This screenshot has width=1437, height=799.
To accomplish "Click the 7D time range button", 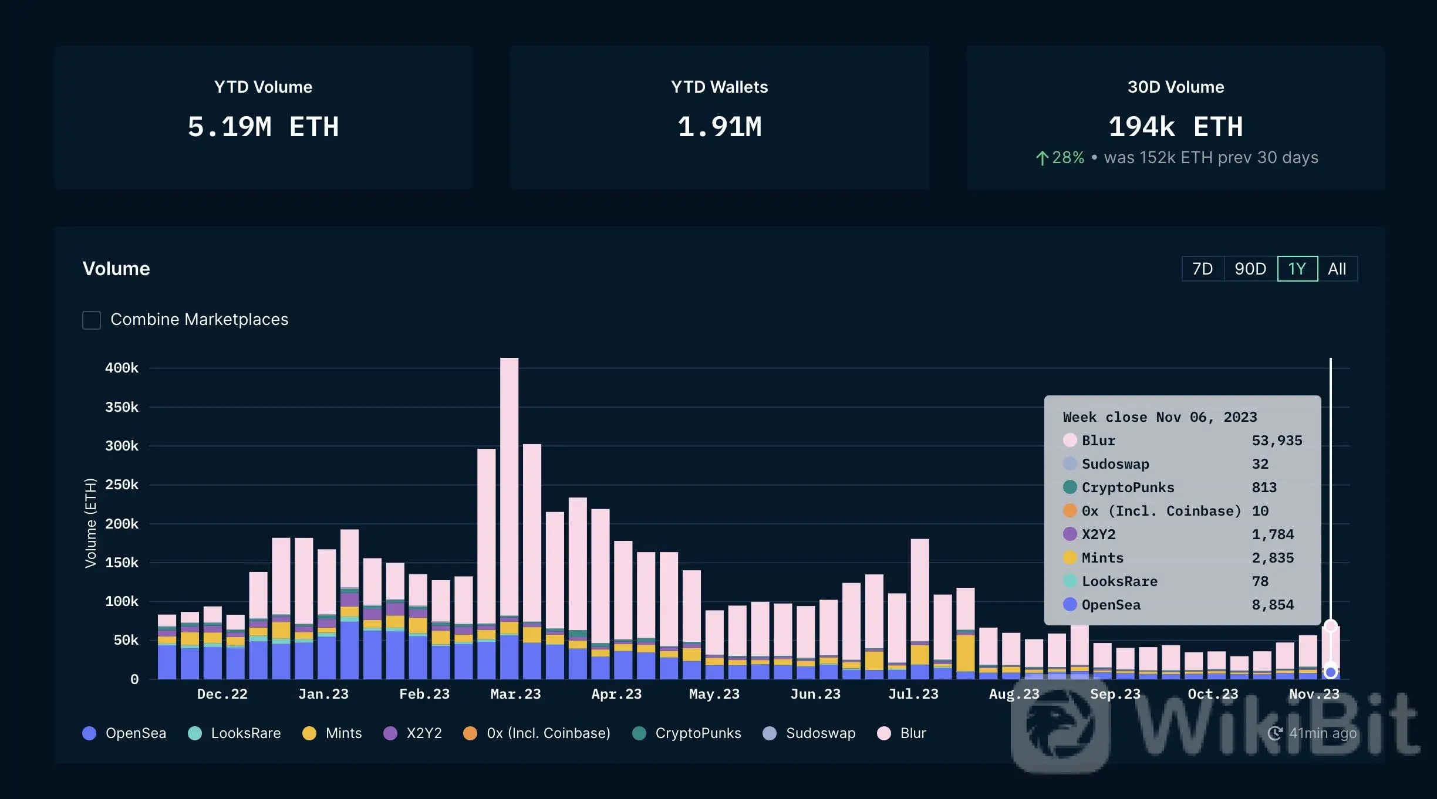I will click(1202, 269).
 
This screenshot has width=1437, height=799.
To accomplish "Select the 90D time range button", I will click(1250, 269).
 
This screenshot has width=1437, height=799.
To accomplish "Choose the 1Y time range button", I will click(1297, 269).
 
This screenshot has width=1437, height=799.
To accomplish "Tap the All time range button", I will click(1337, 269).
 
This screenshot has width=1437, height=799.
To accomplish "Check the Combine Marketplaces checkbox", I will click(92, 320).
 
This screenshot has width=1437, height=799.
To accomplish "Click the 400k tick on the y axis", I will click(122, 368).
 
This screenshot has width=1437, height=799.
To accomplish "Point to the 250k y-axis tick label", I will click(122, 485).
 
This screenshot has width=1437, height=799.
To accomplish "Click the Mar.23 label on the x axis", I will click(515, 694).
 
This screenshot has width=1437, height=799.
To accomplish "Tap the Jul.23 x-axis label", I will click(913, 694).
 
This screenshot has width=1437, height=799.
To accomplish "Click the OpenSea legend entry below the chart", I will click(124, 733).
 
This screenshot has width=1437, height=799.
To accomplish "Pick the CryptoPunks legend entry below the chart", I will click(687, 733).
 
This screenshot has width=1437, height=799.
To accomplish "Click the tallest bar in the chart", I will click(509, 499).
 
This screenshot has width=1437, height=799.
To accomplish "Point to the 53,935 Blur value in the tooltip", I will click(1277, 441).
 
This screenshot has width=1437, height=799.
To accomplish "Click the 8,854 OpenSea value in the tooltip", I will click(1273, 605).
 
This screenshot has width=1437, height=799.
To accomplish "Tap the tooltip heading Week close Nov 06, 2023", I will click(1159, 417).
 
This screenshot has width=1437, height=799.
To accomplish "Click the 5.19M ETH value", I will click(263, 127).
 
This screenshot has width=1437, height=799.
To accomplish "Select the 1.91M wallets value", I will click(719, 127).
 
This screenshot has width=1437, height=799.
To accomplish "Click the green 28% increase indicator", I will click(1060, 158).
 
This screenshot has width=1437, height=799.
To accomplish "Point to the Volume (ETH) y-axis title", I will click(90, 523).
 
